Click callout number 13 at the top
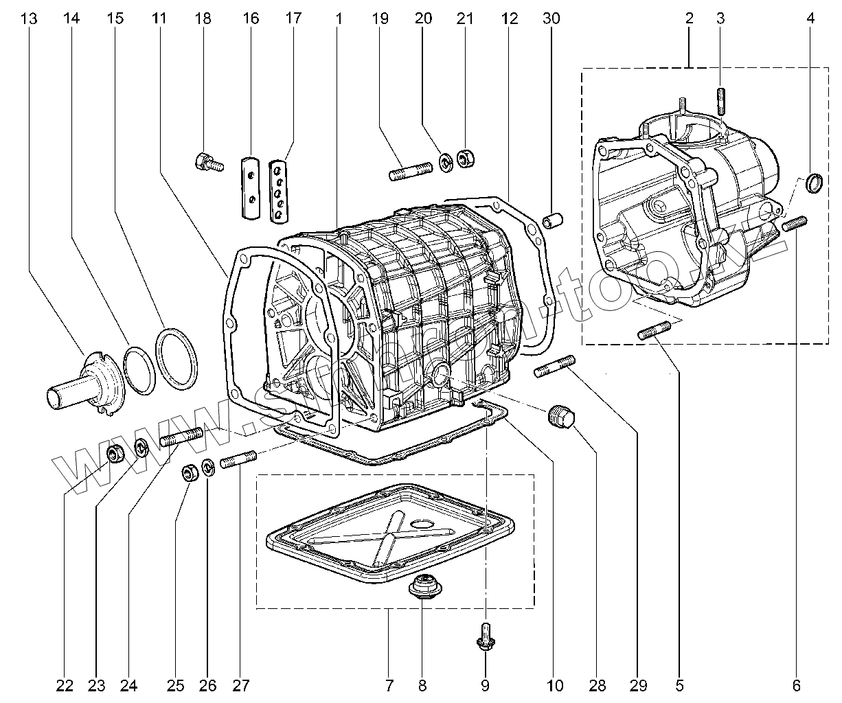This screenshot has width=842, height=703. point(28,19)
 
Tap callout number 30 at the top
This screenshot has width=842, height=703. point(551,19)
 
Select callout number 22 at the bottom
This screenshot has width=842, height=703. point(65,684)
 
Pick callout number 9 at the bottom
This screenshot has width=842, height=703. point(485,684)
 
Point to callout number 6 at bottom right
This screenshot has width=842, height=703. point(796,684)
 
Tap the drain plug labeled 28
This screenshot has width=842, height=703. point(561,416)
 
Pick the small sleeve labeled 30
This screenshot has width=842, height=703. point(554,221)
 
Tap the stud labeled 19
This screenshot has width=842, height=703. point(410,170)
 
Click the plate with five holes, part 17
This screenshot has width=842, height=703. point(278,192)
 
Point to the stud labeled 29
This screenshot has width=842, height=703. point(554,366)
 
